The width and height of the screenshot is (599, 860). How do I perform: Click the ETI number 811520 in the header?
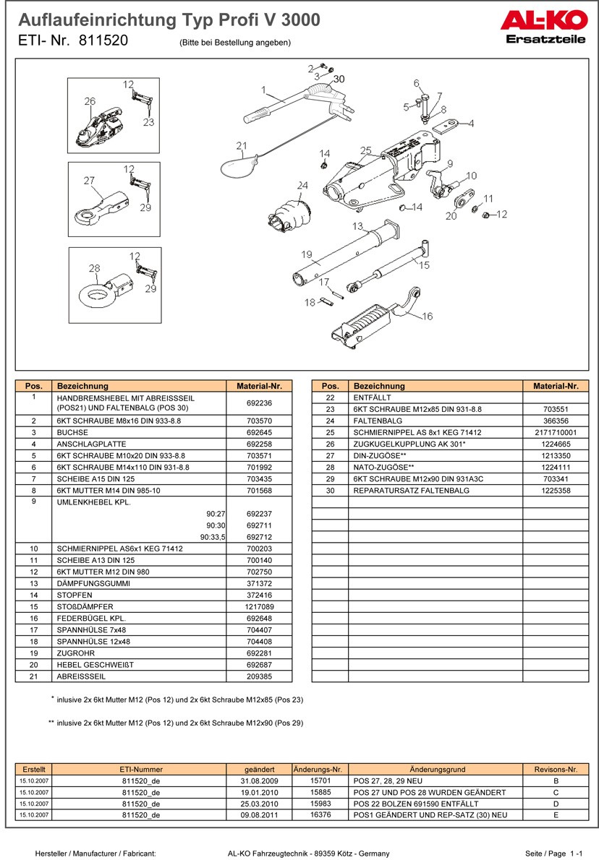tap(103, 41)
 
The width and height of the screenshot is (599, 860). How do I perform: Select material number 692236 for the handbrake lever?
tap(258, 403)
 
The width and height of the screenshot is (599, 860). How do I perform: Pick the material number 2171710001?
tap(555, 432)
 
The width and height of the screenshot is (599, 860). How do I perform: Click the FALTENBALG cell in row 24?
tap(373, 421)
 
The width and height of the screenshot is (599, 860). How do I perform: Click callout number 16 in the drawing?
tap(427, 316)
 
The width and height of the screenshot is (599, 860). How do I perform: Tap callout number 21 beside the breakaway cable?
tap(242, 145)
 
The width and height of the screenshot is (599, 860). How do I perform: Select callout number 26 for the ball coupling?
tap(90, 102)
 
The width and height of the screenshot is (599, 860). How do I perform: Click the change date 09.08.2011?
tap(258, 814)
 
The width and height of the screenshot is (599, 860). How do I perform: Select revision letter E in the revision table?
tap(554, 814)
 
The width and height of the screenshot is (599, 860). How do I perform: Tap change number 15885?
tap(320, 792)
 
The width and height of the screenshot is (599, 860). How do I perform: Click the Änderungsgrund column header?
tap(437, 770)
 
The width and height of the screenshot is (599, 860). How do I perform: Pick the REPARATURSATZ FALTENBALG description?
tap(412, 491)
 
